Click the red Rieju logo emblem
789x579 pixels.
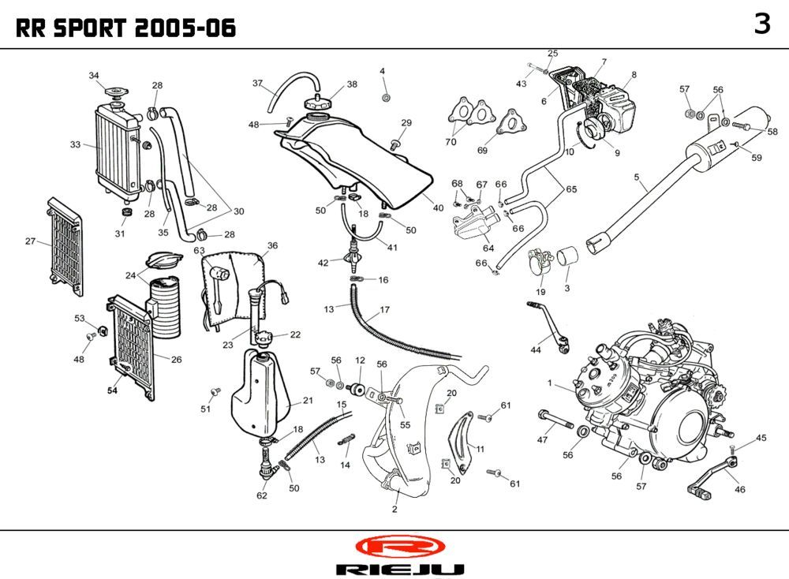400,546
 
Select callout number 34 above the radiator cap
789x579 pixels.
94,76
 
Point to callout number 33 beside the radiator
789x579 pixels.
75,144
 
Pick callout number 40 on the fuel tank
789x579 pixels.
439,207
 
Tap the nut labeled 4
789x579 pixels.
386,97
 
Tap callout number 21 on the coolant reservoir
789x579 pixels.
308,401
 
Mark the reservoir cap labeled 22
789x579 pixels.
262,338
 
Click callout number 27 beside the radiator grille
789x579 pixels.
30,241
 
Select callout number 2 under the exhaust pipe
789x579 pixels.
394,509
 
